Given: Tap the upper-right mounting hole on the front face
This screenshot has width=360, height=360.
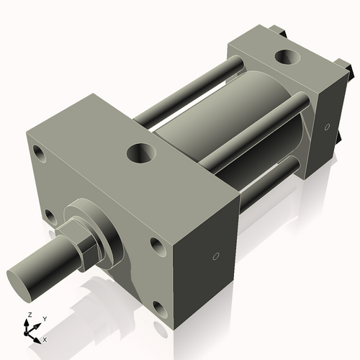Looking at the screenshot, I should [157, 245].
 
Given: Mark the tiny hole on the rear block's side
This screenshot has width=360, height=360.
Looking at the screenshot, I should [327, 127].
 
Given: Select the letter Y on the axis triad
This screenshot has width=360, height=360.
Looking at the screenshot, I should [44, 319].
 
